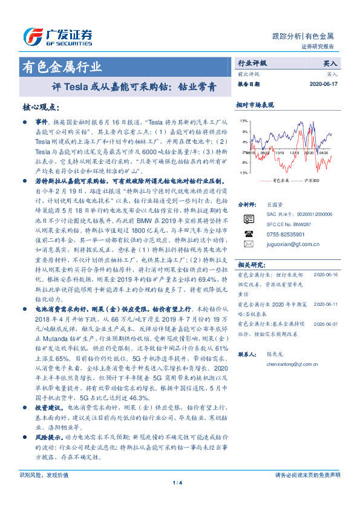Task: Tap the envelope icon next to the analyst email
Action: pyautogui.click(x=247, y=244)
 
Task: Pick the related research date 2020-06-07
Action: pyautogui.click(x=327, y=324)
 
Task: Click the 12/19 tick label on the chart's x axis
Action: pyautogui.click(x=293, y=154)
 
